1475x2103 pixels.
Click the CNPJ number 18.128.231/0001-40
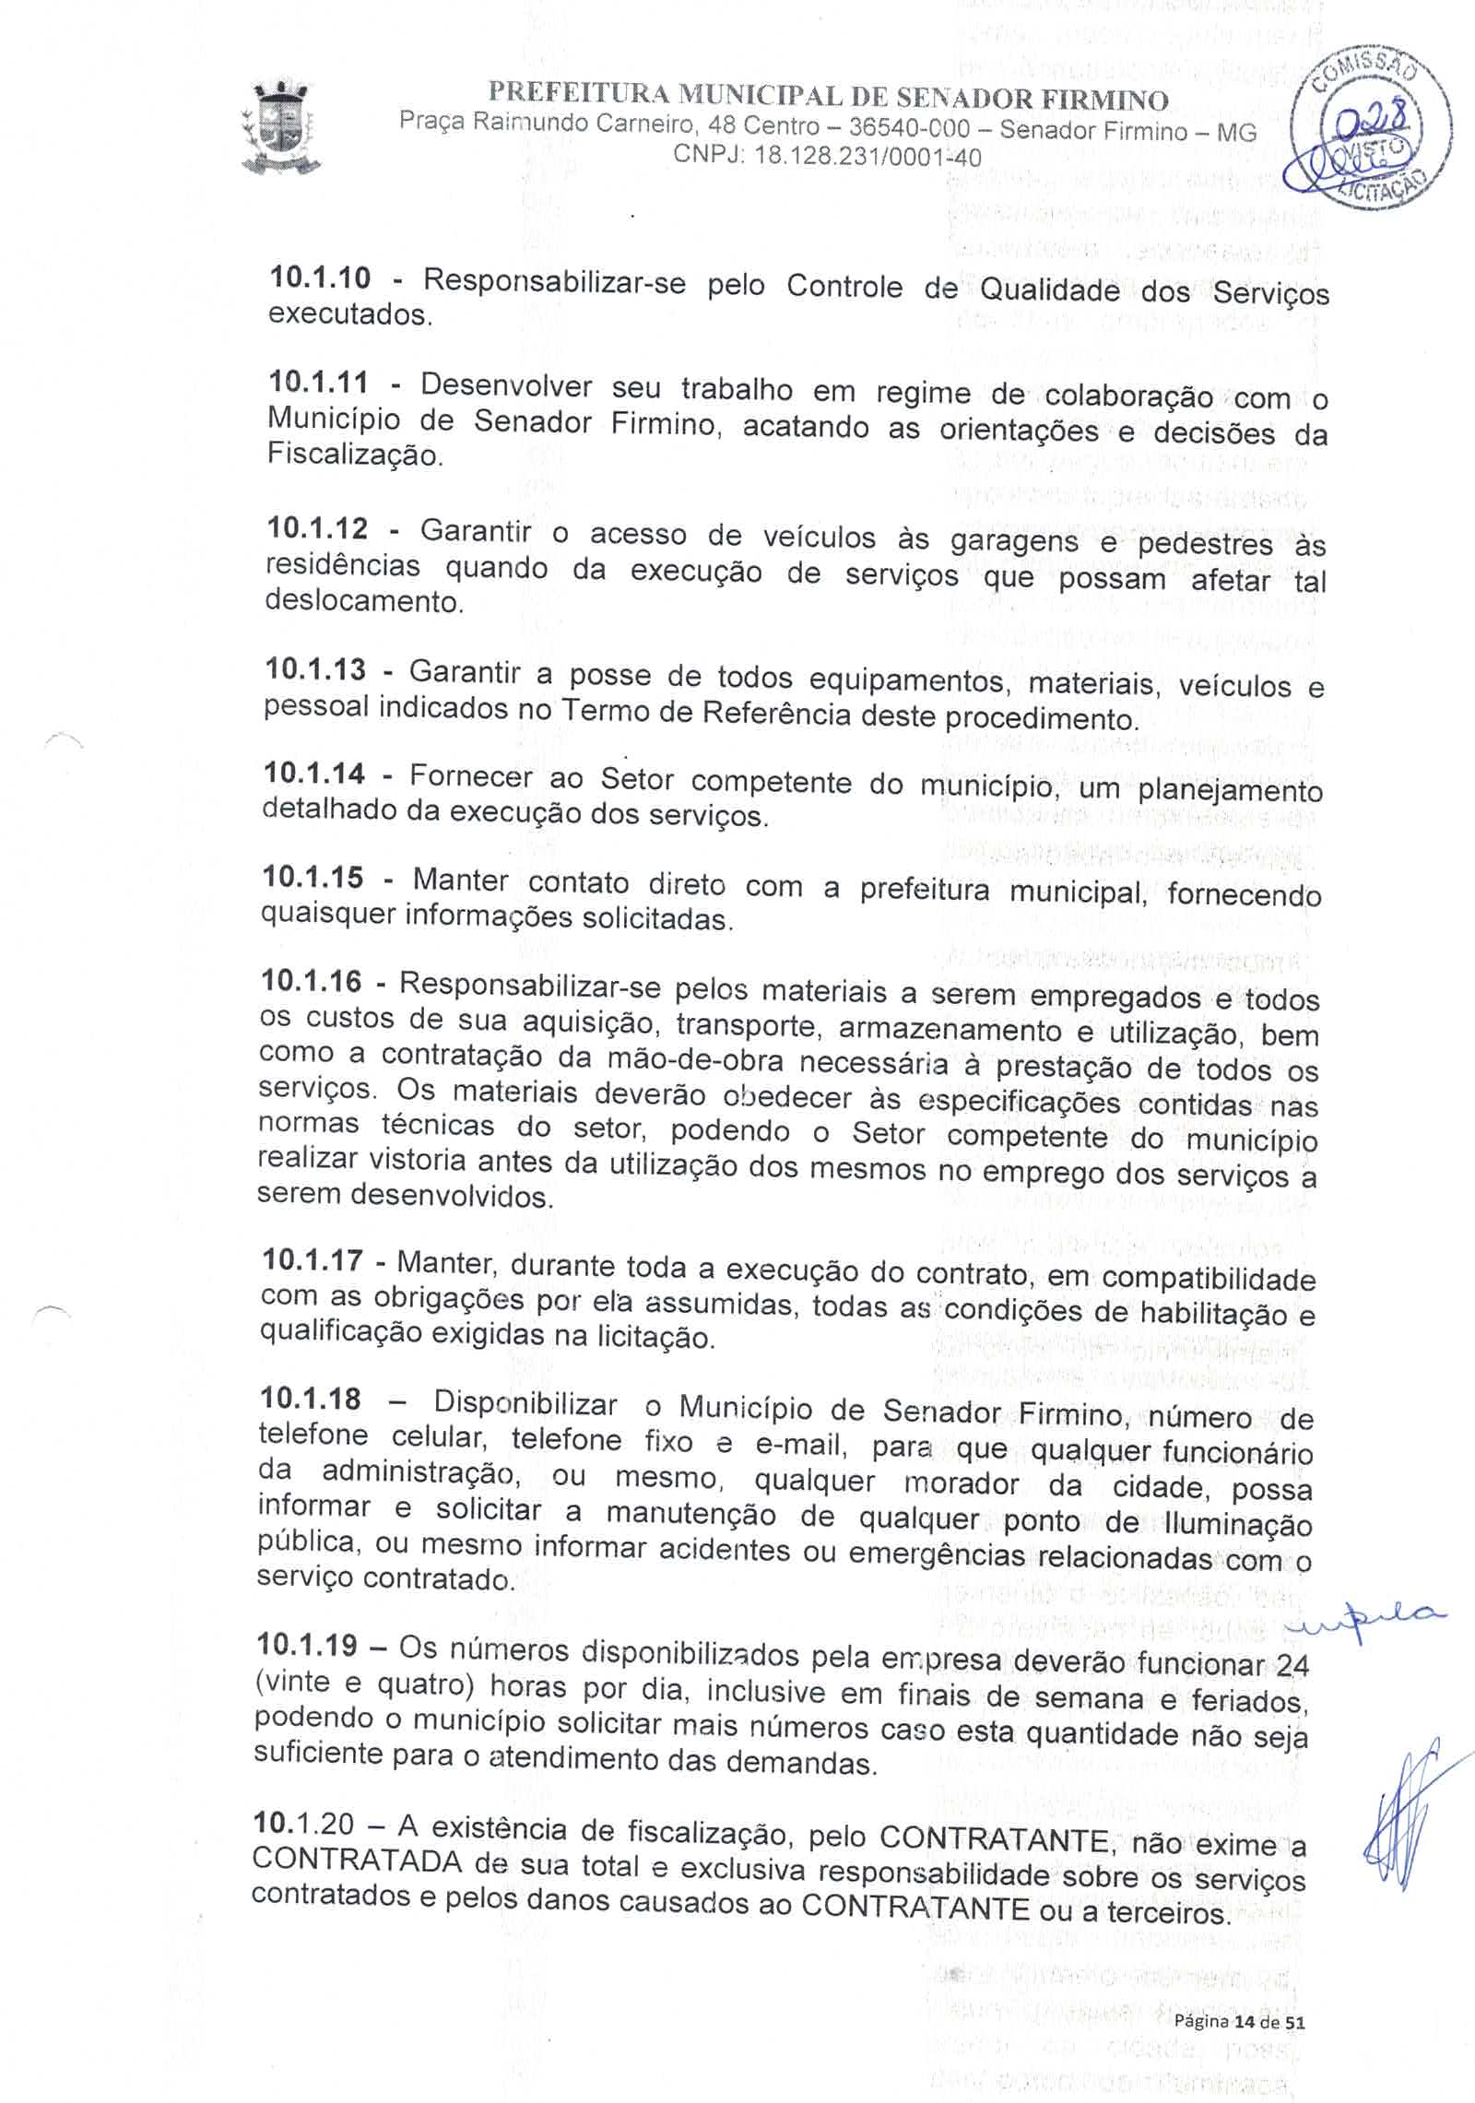[867, 157]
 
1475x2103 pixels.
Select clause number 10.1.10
[319, 277]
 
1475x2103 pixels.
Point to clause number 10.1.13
[315, 668]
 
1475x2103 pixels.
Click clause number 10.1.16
[312, 979]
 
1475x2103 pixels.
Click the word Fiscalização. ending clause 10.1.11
[355, 455]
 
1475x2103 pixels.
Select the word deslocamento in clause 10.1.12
[363, 601]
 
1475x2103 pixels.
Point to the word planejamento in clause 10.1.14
[1230, 791]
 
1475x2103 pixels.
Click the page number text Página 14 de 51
[1240, 2023]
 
